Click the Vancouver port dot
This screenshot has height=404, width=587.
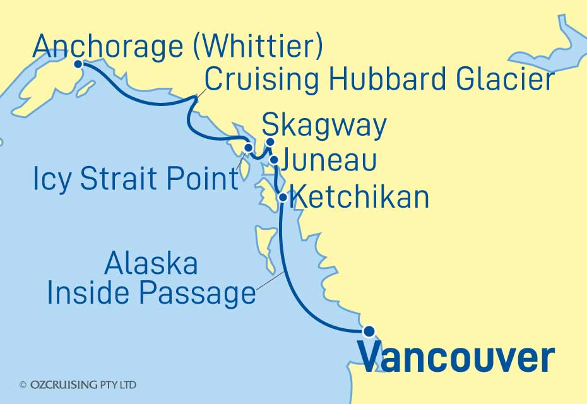(369, 330)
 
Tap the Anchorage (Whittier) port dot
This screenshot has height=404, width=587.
(78, 64)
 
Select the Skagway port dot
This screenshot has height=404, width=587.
(270, 142)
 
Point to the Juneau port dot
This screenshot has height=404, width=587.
(274, 160)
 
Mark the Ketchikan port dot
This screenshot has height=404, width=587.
(283, 198)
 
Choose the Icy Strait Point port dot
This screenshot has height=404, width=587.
(248, 149)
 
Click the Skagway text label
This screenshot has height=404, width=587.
(323, 126)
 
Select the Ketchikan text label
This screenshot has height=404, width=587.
(362, 198)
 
